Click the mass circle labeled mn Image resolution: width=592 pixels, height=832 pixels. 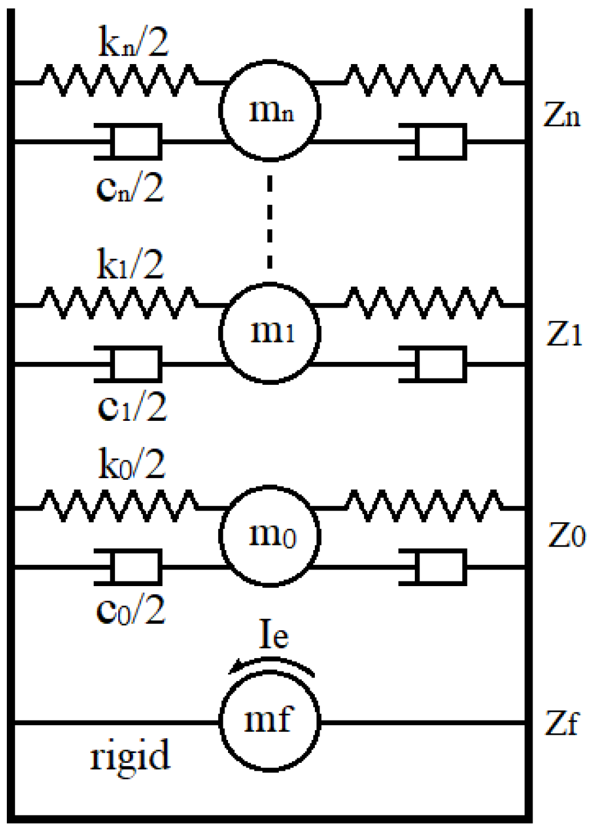coord(270,110)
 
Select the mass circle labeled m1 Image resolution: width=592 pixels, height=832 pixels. coord(270,333)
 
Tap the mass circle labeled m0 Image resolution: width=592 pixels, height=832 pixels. coord(270,536)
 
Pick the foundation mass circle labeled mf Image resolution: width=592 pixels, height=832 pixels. coord(270,722)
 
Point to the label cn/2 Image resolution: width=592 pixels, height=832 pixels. coord(130,188)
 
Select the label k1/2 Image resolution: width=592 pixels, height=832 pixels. coord(130,264)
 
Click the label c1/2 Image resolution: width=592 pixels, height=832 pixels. coord(132,408)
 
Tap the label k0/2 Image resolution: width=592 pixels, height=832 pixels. coord(132,464)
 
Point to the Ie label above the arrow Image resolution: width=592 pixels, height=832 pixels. coord(274,635)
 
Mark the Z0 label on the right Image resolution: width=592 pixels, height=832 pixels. coord(566,536)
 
